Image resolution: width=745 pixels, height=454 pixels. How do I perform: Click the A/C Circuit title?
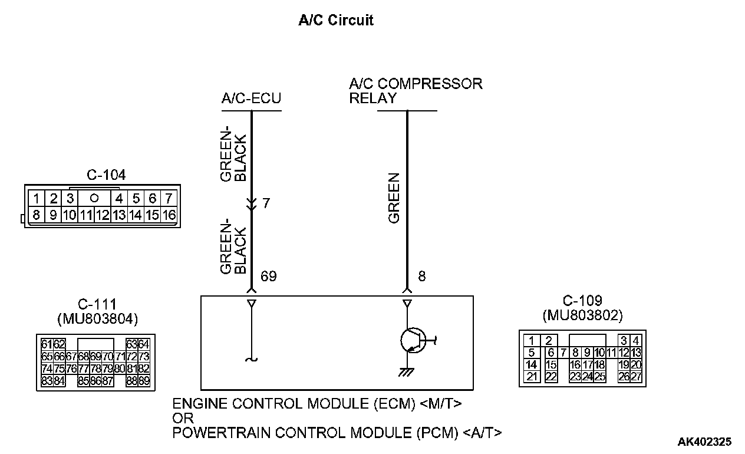(336, 21)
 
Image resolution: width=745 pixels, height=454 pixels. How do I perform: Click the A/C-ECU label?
(251, 99)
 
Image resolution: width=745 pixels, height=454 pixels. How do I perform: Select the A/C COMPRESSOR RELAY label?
(416, 91)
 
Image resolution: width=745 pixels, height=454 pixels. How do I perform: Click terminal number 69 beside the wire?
(268, 277)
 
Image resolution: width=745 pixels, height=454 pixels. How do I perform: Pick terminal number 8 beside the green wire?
(421, 277)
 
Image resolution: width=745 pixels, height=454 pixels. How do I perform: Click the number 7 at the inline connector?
(266, 204)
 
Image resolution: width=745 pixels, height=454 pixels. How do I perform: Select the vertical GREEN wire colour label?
(394, 198)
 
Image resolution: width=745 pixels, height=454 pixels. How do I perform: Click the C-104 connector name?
(106, 175)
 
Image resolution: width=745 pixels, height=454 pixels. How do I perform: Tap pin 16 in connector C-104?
(169, 215)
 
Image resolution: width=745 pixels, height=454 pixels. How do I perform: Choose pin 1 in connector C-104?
(37, 199)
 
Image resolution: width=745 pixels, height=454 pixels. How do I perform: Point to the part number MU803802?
(582, 315)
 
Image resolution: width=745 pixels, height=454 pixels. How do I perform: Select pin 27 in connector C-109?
(636, 377)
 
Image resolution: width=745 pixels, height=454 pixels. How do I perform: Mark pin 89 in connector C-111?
(144, 381)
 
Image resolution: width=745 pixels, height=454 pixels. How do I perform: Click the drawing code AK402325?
(704, 441)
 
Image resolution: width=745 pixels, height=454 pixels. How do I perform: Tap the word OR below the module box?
(180, 419)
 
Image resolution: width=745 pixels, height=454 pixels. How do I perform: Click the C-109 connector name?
(582, 301)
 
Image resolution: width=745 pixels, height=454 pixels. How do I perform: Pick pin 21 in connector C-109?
(532, 377)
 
